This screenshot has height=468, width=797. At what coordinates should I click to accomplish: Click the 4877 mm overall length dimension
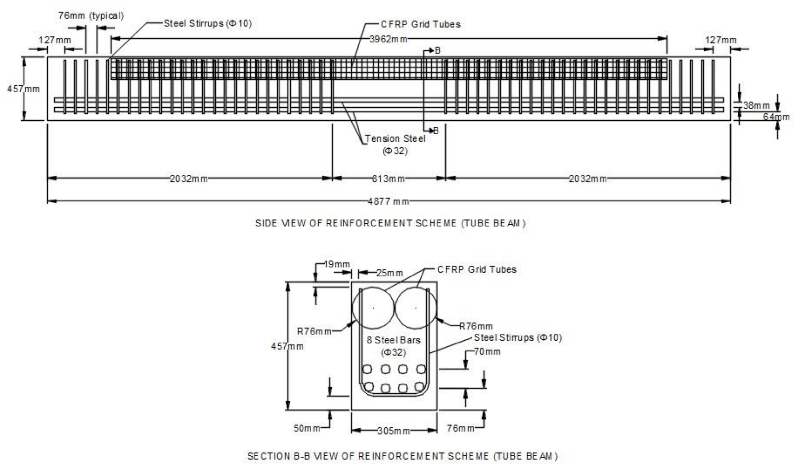pos(388,201)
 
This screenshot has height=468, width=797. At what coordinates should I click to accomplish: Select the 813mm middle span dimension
pos(388,179)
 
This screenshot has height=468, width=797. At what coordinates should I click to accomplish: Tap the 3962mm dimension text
pos(388,39)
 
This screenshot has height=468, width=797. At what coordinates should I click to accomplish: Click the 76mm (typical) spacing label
pos(91,16)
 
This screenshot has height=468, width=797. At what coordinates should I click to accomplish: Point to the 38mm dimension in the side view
pos(757,105)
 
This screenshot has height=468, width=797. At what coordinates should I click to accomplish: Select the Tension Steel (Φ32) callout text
pos(395,144)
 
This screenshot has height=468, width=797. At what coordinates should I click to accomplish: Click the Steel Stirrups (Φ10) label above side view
pos(207,24)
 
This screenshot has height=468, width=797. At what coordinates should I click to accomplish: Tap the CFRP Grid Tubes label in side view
pos(420,24)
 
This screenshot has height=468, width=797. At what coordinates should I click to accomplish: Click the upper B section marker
pos(437,50)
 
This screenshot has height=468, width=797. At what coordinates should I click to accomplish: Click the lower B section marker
pos(436,130)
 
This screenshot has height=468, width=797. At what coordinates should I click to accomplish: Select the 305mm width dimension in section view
pos(393,431)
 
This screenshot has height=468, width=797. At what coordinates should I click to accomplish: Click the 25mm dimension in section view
pos(389,273)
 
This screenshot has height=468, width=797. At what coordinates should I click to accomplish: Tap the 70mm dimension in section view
pos(487,351)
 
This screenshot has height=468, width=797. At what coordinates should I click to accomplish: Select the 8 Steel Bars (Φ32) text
pos(393,346)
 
